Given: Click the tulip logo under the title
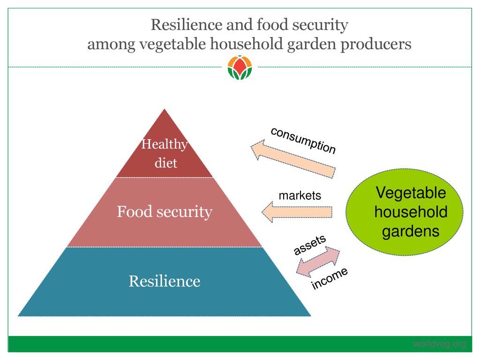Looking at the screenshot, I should pos(240,67).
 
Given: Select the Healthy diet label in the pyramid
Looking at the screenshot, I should pos(165,153).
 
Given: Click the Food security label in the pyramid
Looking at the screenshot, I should pos(165,212).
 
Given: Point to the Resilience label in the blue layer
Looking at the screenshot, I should pos(165,281).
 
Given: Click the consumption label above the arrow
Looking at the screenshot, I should pos(303,140).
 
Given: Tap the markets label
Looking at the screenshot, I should pos(300,195).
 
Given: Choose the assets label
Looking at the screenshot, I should pos(309,245).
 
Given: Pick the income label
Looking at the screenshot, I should pos(330,278).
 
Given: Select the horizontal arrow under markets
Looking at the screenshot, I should pos(296,212).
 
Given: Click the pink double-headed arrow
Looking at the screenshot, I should pos(318,262).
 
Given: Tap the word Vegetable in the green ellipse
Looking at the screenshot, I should pos(411,193).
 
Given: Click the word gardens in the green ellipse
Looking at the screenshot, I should pos(411,232).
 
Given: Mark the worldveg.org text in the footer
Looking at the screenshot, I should pos(439,345).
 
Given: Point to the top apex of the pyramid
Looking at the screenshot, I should pos(164,110).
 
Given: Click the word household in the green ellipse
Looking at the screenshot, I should pos(411,212).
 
